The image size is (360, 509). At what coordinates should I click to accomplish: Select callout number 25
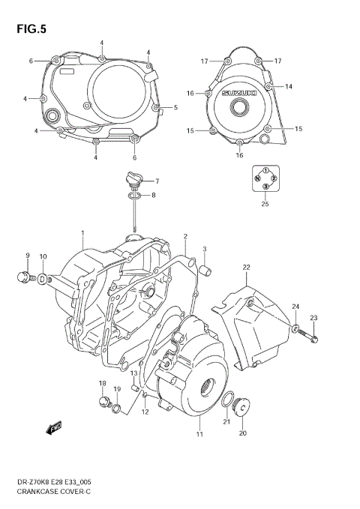tap(264, 203)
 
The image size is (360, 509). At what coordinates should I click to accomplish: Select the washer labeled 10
tap(43, 280)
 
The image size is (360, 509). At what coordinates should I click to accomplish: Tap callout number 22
tap(245, 267)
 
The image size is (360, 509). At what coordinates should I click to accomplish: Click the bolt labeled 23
tap(313, 340)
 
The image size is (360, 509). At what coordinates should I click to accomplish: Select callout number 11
tap(199, 434)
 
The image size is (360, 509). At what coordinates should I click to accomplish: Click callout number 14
tap(288, 87)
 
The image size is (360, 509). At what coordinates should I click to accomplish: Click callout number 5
tap(174, 108)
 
